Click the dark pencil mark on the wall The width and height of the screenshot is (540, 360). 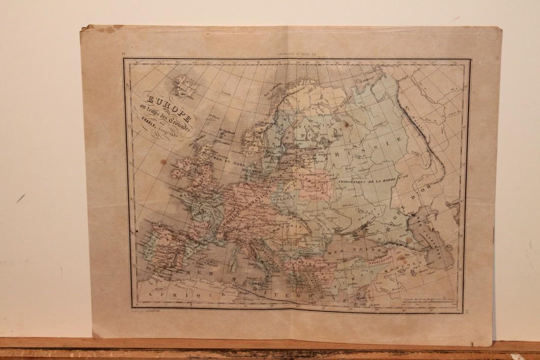coord(20,197)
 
